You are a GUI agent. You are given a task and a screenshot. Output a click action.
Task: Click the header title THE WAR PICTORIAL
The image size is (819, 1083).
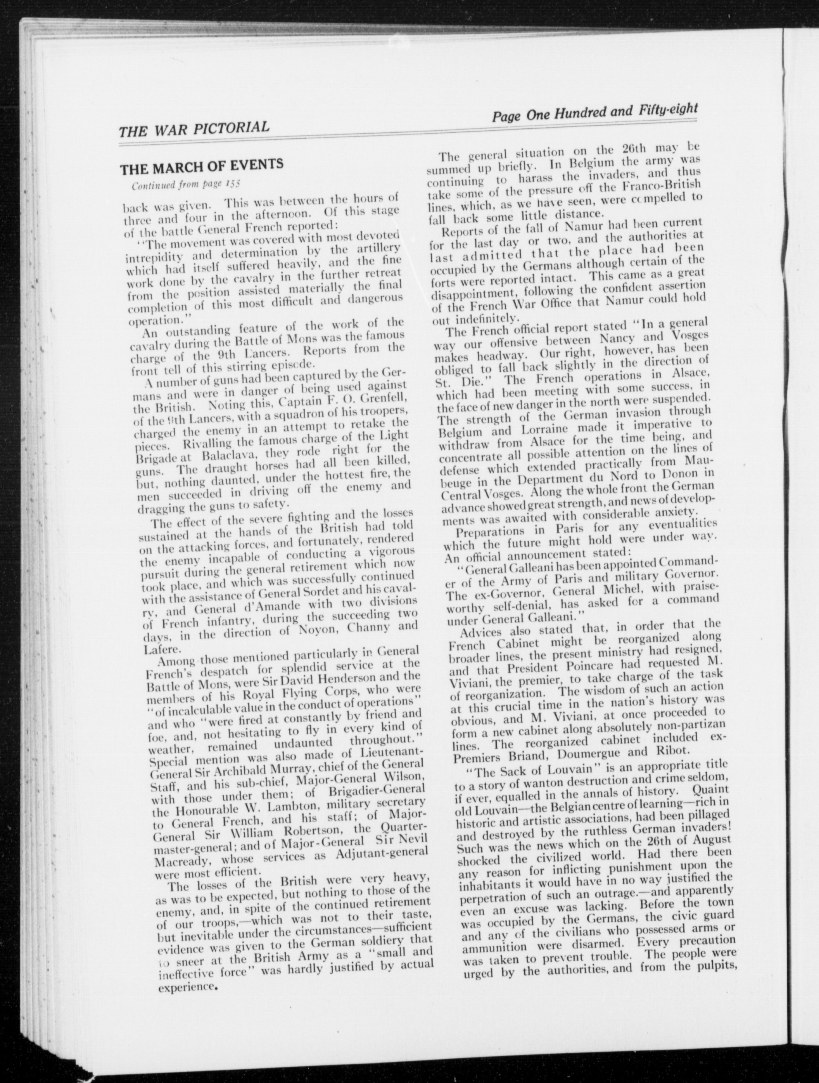(194, 129)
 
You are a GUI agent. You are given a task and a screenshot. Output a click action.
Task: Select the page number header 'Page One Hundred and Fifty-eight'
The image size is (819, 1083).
(594, 113)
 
